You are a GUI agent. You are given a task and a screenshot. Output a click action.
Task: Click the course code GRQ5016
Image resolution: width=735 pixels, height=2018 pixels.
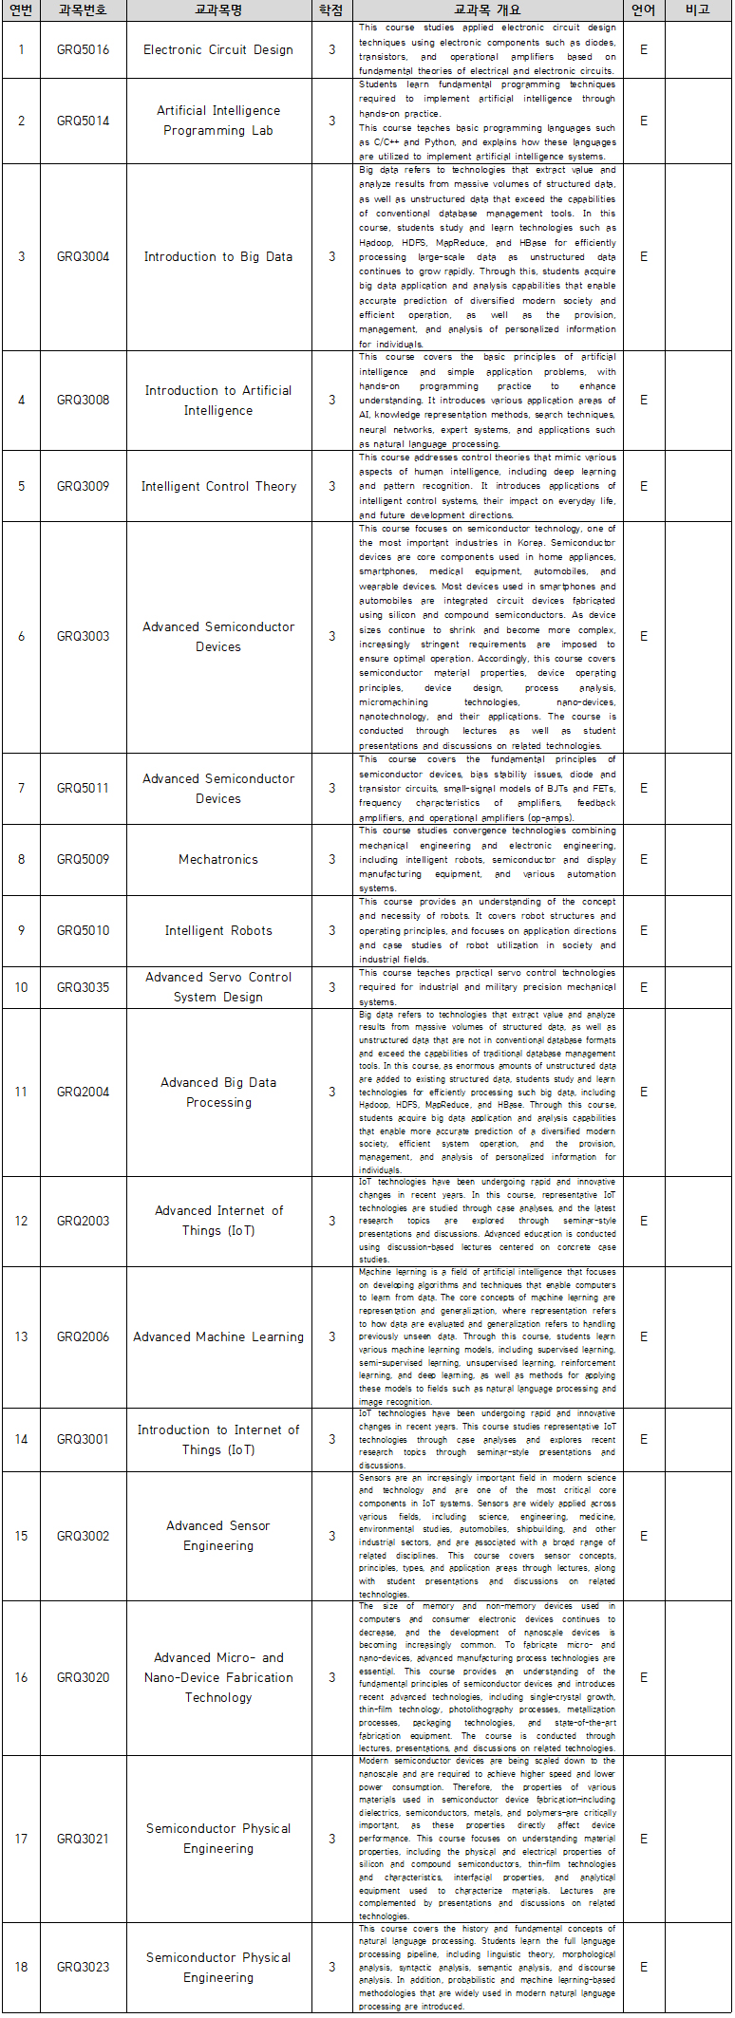(x=83, y=49)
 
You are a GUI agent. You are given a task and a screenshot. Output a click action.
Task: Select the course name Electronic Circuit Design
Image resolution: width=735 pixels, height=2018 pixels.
(x=218, y=49)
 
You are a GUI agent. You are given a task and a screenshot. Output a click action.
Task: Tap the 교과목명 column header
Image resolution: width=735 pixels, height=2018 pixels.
(x=218, y=10)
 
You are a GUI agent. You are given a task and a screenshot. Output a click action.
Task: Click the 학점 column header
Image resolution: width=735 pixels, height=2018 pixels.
(x=331, y=10)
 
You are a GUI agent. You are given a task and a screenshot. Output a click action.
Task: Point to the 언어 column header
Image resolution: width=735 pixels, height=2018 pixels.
(x=644, y=10)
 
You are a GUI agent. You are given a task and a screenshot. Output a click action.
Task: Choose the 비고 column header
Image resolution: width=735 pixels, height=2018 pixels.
(x=698, y=10)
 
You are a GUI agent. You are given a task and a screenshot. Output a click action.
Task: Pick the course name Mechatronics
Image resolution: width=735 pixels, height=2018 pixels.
(x=218, y=859)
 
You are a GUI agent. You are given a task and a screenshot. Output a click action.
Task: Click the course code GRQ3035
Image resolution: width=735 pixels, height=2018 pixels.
(x=83, y=987)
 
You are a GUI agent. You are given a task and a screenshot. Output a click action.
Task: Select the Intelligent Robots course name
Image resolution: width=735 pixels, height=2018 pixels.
(x=218, y=930)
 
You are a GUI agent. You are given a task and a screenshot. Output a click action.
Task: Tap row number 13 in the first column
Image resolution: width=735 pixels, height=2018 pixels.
(x=21, y=1336)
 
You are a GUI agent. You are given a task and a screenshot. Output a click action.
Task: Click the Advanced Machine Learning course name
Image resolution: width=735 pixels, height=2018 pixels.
(x=218, y=1336)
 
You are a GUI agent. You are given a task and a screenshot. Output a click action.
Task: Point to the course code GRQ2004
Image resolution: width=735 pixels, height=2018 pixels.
(x=83, y=1092)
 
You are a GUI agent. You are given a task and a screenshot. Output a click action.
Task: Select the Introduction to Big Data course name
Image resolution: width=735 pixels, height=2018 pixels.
(x=218, y=256)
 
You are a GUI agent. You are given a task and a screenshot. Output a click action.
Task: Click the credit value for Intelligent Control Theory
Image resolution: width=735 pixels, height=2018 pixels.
(x=331, y=486)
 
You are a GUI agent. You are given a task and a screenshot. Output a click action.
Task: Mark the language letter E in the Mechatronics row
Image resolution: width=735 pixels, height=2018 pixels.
(x=644, y=859)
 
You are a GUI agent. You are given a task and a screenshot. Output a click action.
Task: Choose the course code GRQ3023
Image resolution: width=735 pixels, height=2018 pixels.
(x=83, y=1967)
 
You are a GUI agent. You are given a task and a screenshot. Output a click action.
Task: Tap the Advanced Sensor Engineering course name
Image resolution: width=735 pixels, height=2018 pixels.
(x=218, y=1536)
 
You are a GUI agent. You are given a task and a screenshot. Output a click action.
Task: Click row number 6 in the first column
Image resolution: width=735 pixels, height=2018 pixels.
(x=21, y=636)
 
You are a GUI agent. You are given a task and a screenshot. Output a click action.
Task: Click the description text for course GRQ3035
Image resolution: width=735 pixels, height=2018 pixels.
(x=487, y=987)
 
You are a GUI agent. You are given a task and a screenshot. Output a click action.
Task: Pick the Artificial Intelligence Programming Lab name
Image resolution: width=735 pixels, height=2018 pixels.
(x=218, y=121)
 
